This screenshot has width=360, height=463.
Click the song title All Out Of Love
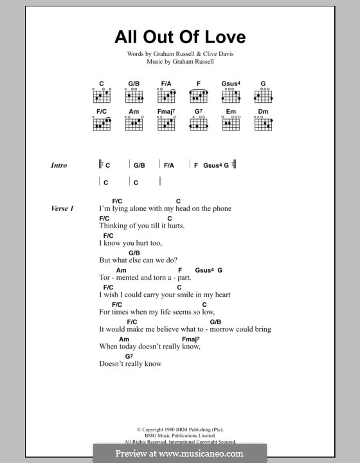pos(180,37)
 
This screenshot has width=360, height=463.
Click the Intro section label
pos(59,165)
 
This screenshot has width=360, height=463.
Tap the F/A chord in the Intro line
pos(168,165)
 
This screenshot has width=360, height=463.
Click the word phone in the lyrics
pos(219,209)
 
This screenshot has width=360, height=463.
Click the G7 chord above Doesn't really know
pos(129,356)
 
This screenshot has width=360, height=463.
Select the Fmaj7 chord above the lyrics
pos(191,339)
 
